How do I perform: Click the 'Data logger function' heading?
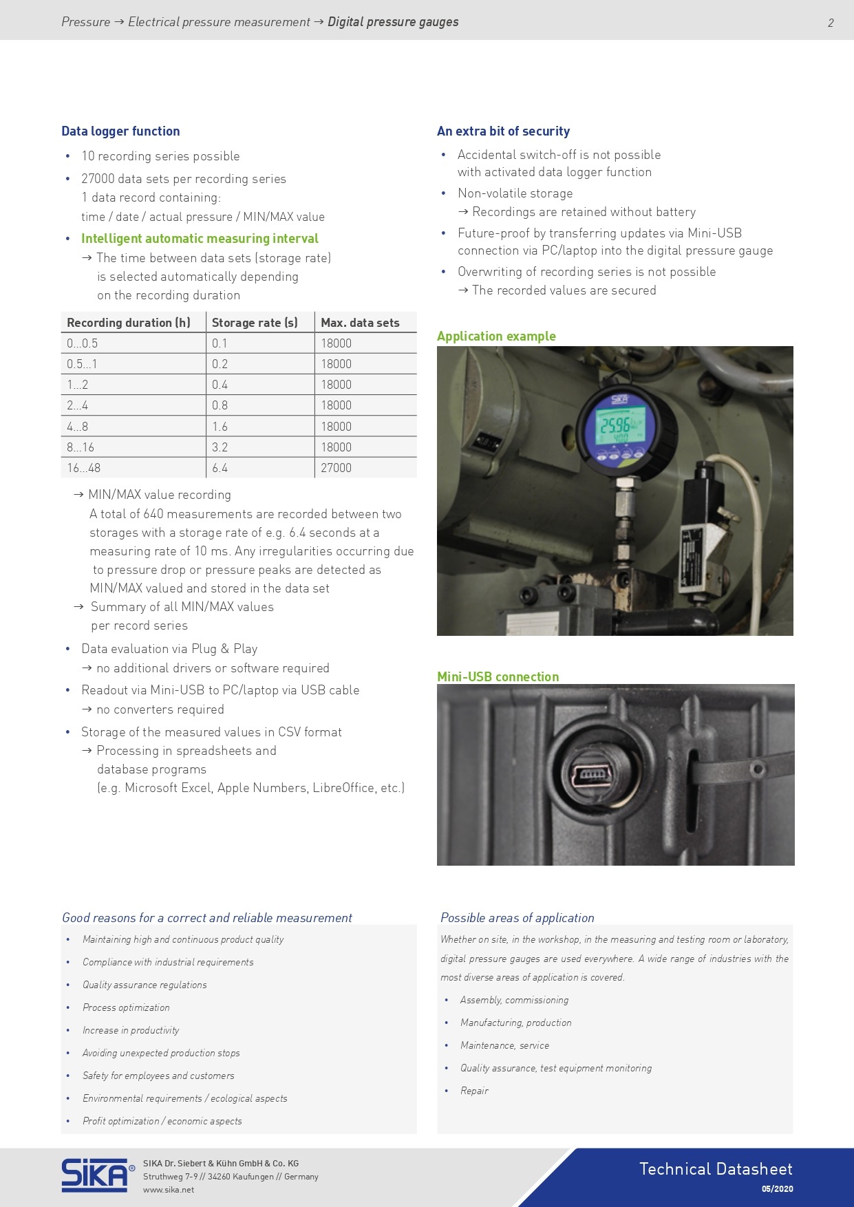(120, 131)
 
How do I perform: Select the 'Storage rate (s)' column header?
(255, 323)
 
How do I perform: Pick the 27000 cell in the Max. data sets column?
(336, 468)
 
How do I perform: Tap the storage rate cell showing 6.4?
(220, 468)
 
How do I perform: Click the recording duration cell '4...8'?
(77, 427)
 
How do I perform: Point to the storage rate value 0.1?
(219, 343)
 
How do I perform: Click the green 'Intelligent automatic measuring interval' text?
(200, 239)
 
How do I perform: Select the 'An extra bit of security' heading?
(504, 131)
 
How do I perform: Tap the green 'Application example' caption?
(496, 337)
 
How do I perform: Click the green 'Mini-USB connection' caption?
(498, 676)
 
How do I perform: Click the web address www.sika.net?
(169, 1190)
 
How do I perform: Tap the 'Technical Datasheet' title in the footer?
(716, 1169)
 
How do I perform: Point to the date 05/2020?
(777, 1189)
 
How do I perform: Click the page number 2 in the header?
(831, 23)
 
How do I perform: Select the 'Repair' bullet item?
(474, 1091)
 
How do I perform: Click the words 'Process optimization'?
(126, 1007)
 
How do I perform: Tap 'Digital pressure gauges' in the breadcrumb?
(393, 22)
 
